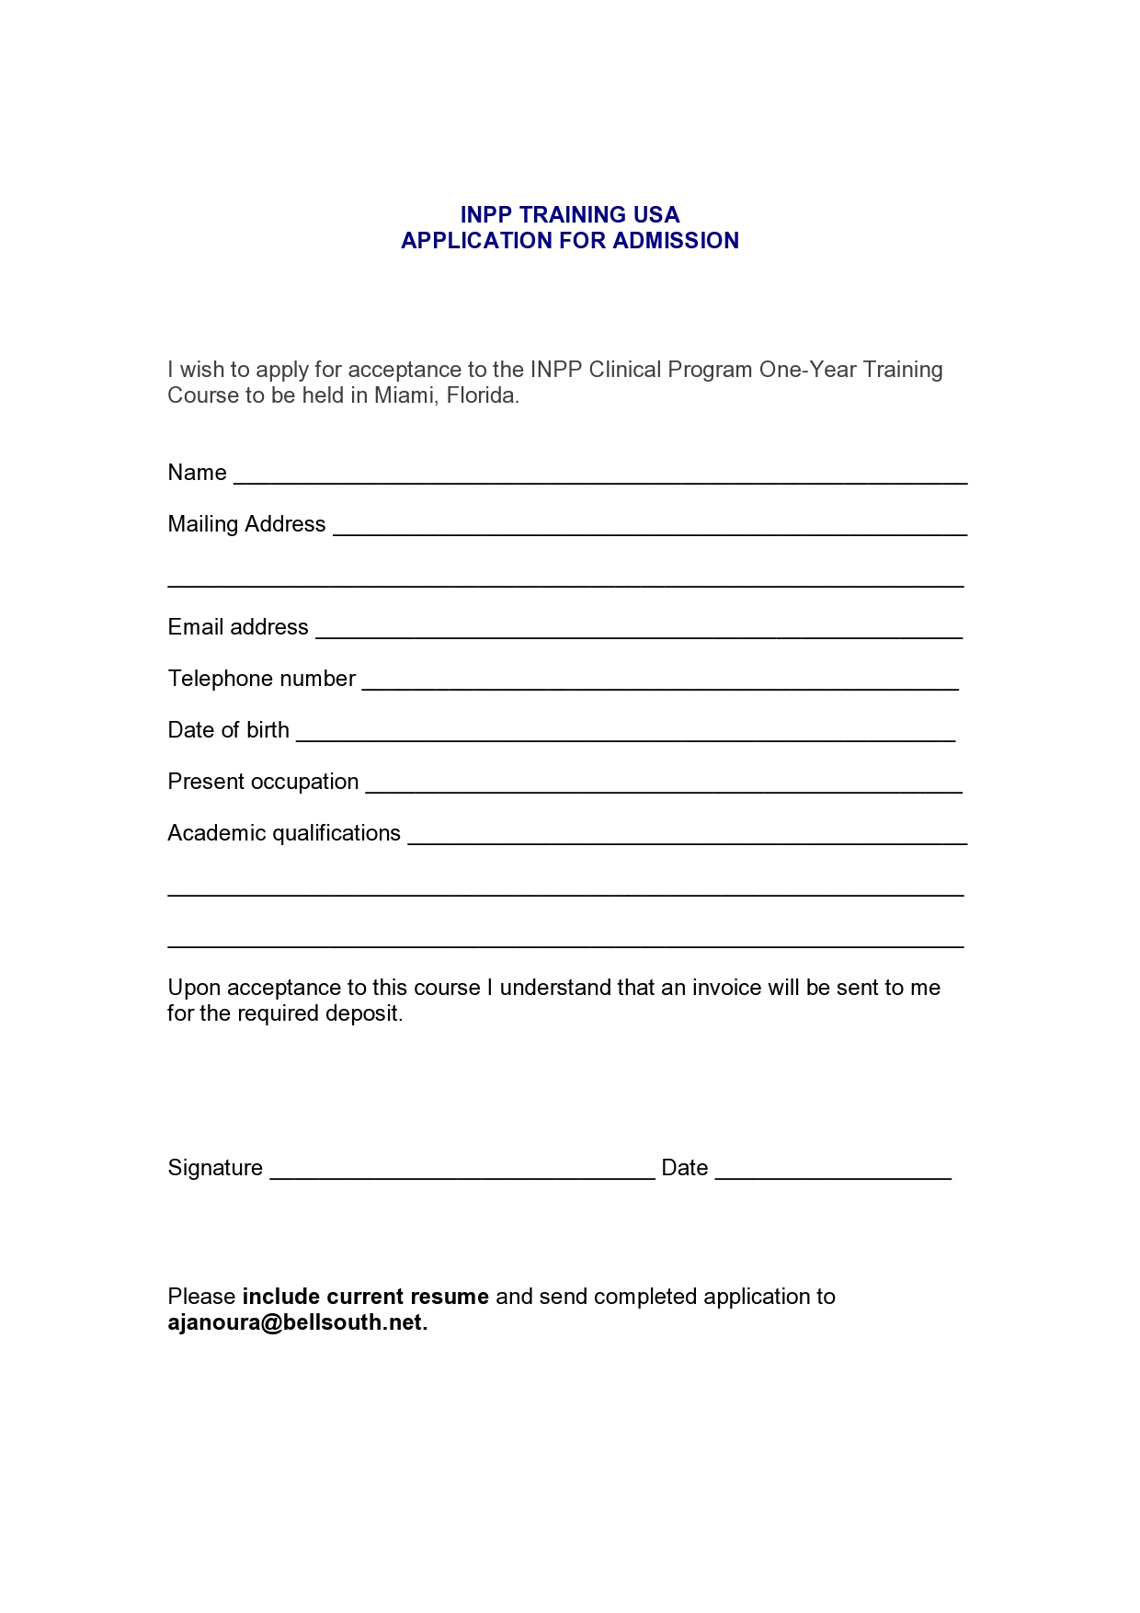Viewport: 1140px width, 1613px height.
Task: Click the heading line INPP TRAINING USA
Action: click(569, 215)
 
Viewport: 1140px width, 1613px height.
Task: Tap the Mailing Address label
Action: click(246, 524)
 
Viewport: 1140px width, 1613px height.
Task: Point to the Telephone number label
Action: click(261, 679)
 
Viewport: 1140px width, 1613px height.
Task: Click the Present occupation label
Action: click(263, 782)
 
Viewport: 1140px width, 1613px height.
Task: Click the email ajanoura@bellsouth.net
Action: click(296, 1323)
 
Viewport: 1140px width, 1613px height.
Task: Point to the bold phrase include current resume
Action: click(365, 1297)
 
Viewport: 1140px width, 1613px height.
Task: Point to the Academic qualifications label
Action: click(284, 833)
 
